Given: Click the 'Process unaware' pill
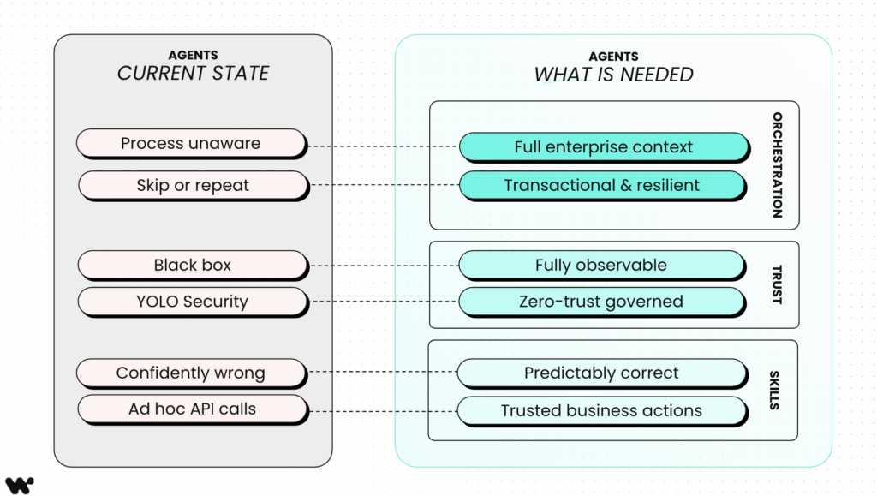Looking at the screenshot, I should tap(191, 143).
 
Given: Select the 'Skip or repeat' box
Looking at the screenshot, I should tap(193, 185).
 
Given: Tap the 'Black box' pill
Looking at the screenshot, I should tap(193, 265).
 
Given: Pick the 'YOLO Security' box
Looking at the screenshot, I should tap(192, 302).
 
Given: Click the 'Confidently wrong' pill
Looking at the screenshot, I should tap(191, 373).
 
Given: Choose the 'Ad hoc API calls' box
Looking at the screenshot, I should tap(192, 409).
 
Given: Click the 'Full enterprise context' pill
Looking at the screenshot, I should tap(603, 146).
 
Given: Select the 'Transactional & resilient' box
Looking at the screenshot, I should tap(601, 185).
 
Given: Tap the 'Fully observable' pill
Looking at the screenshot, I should tap(601, 265).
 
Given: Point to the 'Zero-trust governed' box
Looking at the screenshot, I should tap(601, 302).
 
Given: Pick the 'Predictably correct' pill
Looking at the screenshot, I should tap(601, 373).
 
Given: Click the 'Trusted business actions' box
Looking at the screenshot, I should tap(601, 410).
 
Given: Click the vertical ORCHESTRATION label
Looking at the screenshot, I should tap(777, 164).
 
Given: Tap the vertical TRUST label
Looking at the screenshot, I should tap(777, 284).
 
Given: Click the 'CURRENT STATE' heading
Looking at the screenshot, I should tap(193, 74).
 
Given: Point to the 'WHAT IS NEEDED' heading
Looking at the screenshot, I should tap(613, 75).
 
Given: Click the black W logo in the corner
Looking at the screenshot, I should tap(19, 485).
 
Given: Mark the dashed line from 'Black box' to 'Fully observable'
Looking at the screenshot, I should tap(383, 266).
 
